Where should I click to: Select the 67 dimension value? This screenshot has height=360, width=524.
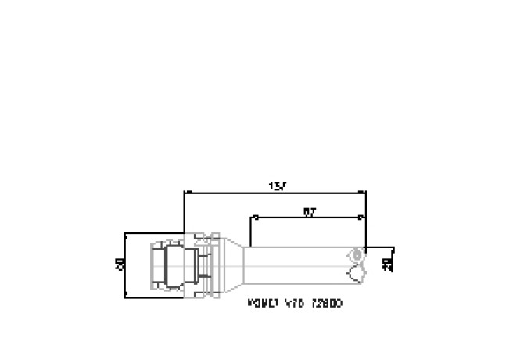click(x=310, y=211)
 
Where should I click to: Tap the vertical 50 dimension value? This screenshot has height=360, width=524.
click(x=120, y=265)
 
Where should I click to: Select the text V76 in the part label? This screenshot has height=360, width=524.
click(x=293, y=301)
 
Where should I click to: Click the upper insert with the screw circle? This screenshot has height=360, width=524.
click(x=357, y=254)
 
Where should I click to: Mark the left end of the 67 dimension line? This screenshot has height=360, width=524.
click(x=251, y=217)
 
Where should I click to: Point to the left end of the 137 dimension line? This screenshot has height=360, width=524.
click(x=184, y=191)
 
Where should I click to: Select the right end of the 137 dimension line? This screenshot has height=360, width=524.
click(x=365, y=191)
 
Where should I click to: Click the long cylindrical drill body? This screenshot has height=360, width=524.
click(x=297, y=265)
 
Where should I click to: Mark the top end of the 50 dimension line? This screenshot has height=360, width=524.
click(x=125, y=233)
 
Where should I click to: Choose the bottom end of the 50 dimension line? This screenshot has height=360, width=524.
click(x=125, y=297)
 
